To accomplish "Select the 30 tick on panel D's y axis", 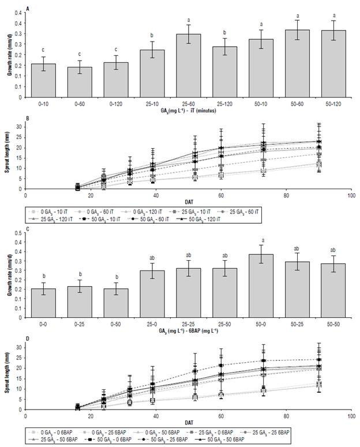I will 20,347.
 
